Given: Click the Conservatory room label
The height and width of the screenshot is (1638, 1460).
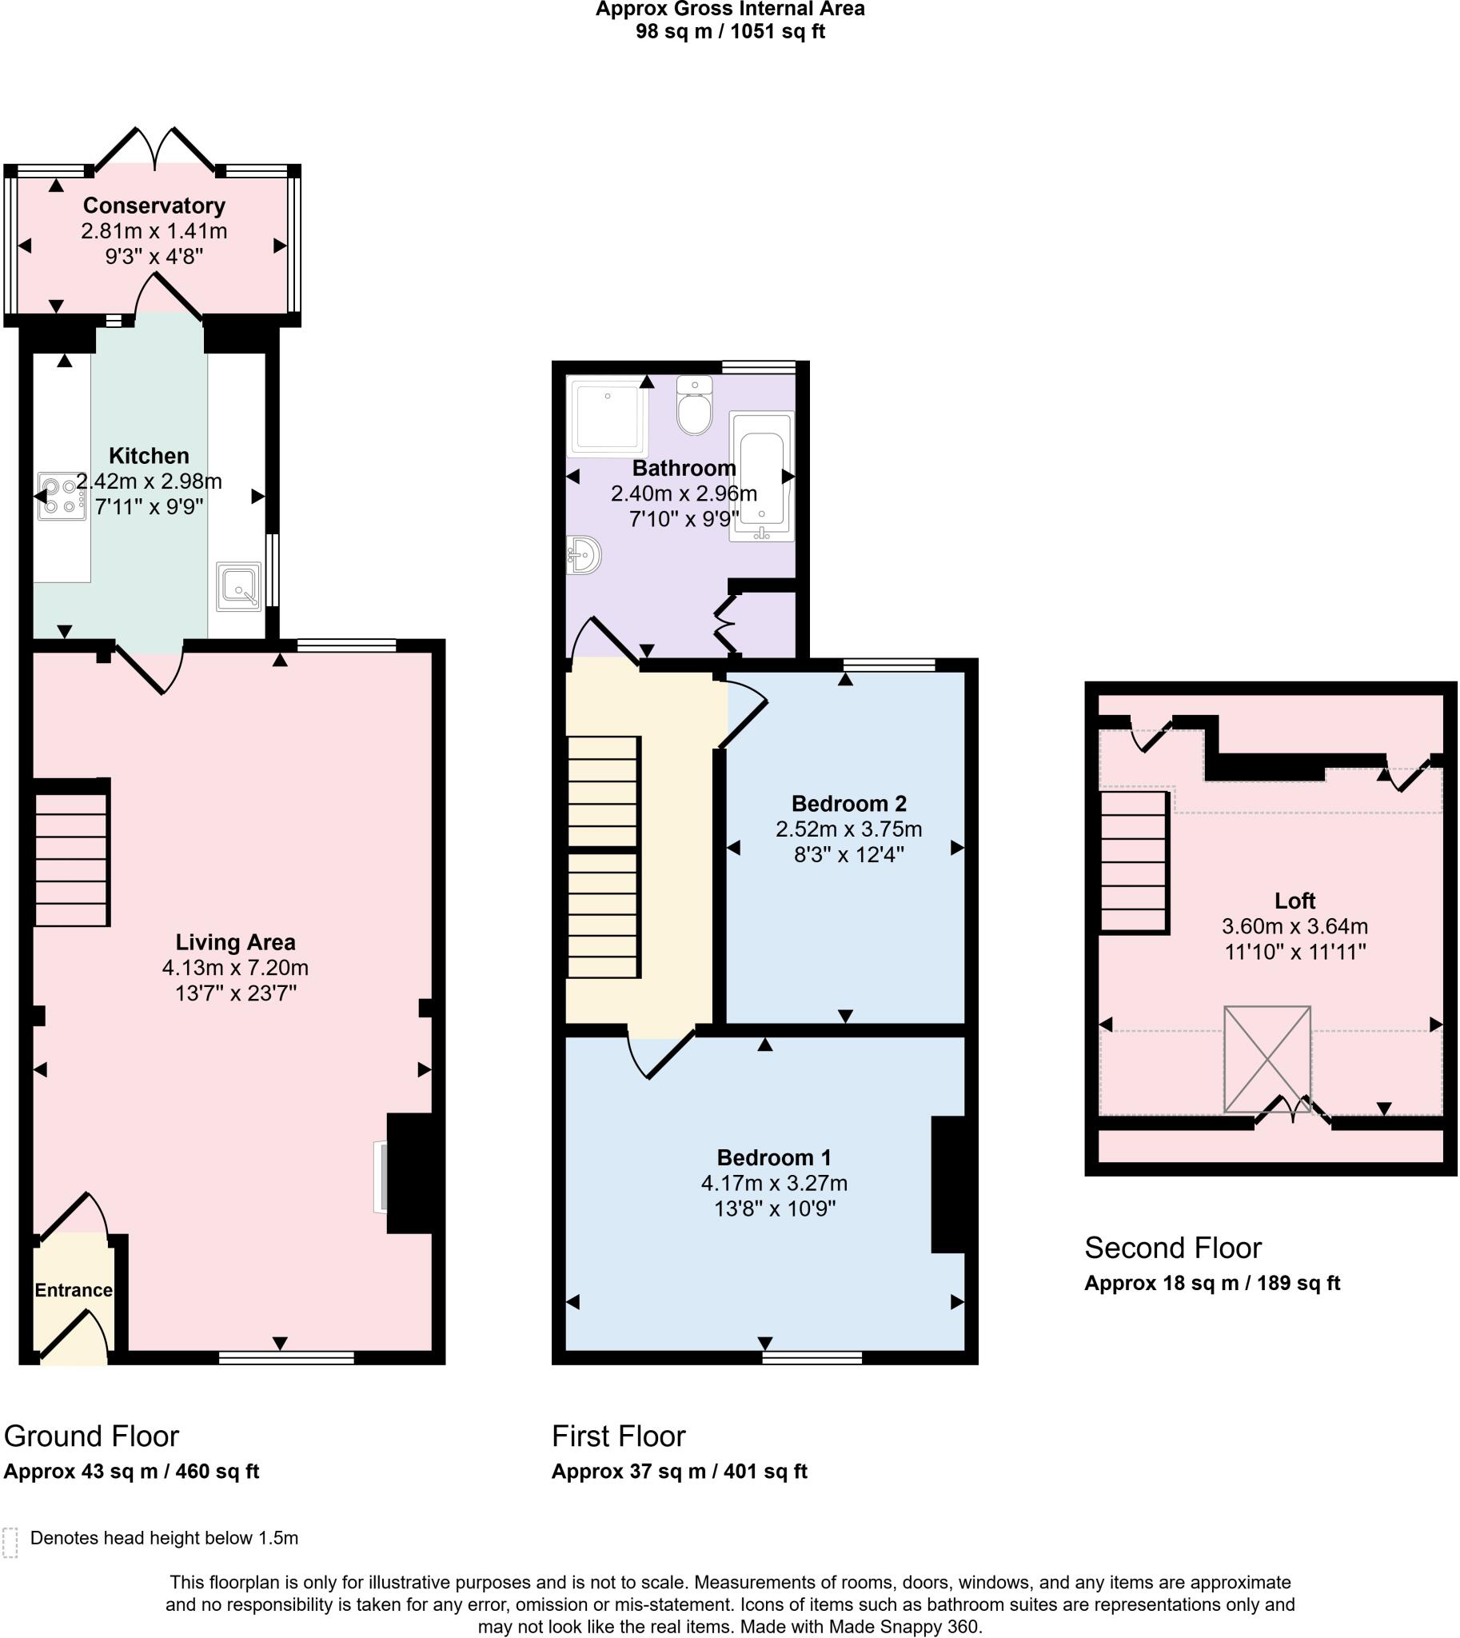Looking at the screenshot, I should (154, 206).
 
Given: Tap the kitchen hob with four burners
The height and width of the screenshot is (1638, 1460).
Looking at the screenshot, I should (62, 496).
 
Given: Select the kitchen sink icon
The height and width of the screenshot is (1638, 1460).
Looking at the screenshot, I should (239, 586).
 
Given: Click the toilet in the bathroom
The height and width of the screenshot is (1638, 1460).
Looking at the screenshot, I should (694, 406).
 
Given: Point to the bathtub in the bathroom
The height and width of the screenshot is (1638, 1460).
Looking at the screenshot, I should (761, 476).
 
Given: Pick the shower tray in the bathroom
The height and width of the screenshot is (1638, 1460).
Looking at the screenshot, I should (606, 417).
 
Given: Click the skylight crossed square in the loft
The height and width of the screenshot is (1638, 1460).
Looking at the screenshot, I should (1267, 1060).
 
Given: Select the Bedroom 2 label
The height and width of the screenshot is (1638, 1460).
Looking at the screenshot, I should (848, 803).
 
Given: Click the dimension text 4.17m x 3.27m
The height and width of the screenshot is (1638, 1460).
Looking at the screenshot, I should (774, 1183).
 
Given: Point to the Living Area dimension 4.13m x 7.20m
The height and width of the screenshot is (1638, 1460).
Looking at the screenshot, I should (235, 967).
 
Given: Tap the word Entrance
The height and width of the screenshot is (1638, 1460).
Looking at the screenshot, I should (73, 1290).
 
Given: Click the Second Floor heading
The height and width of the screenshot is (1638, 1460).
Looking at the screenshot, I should (1173, 1248).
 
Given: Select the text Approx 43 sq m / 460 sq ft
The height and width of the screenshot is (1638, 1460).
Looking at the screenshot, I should (132, 1471).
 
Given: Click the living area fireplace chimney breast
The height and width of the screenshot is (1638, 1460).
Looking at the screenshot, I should (411, 1173).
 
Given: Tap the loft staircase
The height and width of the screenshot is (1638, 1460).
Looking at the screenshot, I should (1134, 862).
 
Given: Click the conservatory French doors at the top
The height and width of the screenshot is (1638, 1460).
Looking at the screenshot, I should (155, 150).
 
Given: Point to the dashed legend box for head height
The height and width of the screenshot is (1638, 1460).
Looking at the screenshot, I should (10, 1542).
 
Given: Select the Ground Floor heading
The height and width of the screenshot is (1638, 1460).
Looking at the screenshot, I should (91, 1436).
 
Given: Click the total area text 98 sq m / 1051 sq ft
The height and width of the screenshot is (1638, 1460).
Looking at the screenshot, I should (730, 31).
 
